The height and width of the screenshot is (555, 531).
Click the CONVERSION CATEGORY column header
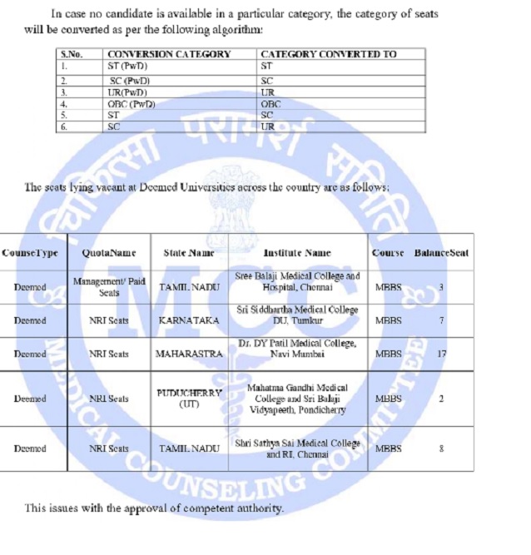169,54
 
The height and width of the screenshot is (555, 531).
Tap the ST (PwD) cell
126,65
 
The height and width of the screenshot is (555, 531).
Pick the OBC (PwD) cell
132,104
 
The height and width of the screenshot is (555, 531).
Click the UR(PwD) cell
127,92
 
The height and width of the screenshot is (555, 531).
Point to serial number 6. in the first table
64,126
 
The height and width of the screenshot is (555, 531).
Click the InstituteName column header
296,252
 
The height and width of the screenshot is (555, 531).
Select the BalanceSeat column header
441,252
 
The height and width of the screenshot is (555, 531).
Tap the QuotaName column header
109,252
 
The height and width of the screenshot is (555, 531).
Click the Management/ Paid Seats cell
109,287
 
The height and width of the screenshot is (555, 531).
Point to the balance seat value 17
441,354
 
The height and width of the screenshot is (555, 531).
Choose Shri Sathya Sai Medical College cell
297,449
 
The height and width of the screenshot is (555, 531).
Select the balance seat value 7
441,320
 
